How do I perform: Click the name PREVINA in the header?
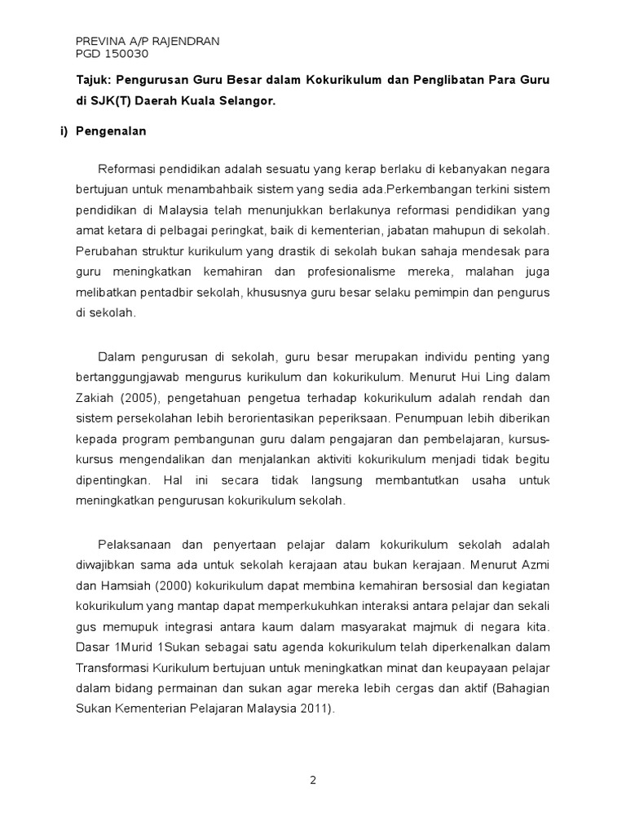(99, 42)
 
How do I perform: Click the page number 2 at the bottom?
(312, 780)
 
